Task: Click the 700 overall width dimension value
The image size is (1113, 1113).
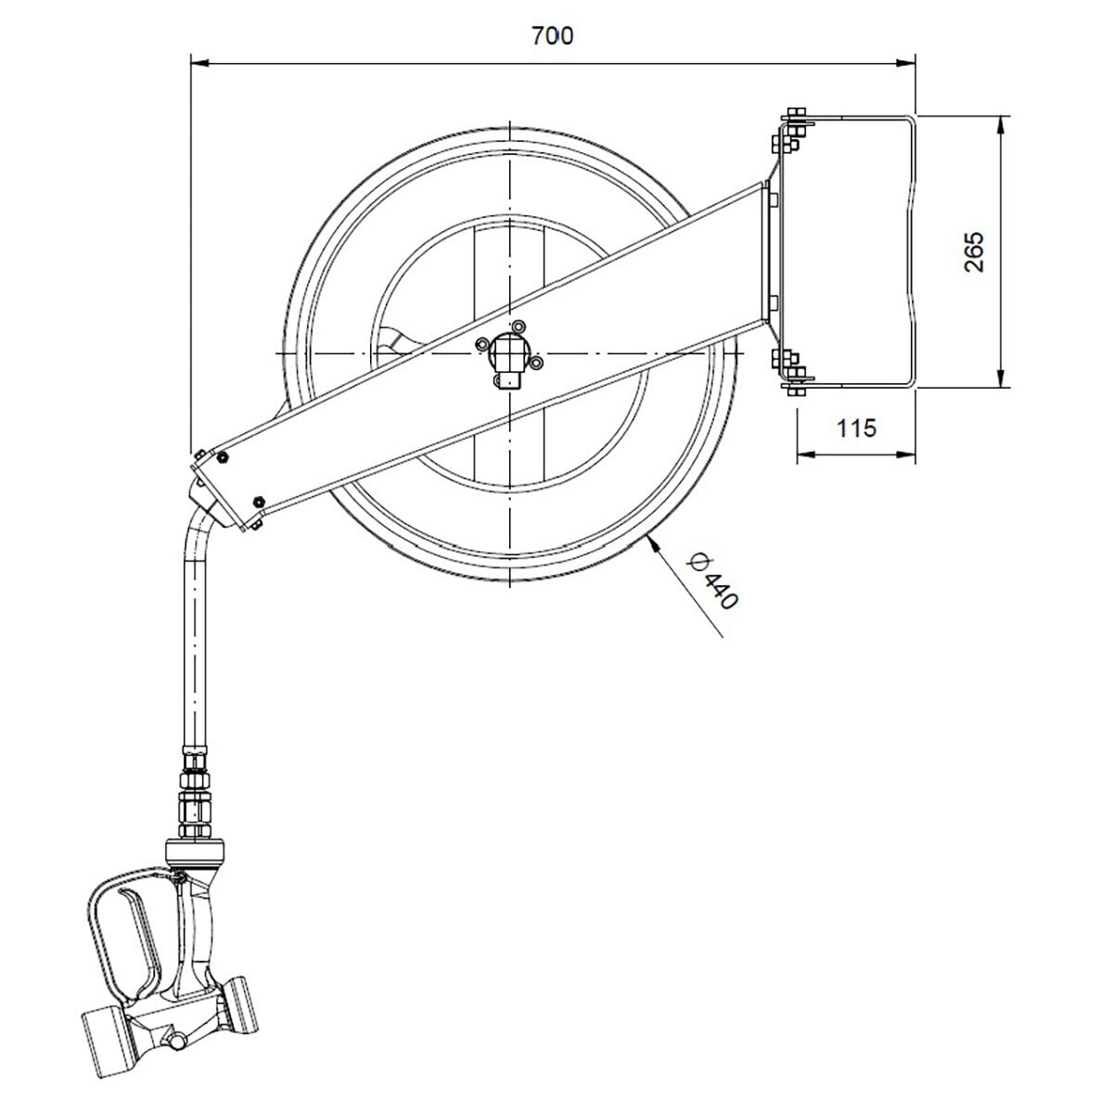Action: (552, 36)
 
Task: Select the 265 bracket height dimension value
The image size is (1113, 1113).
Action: (973, 251)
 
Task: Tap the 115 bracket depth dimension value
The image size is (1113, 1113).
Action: (856, 429)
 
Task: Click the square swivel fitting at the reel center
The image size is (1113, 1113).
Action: (507, 356)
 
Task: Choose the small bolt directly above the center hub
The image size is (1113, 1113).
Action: (518, 326)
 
